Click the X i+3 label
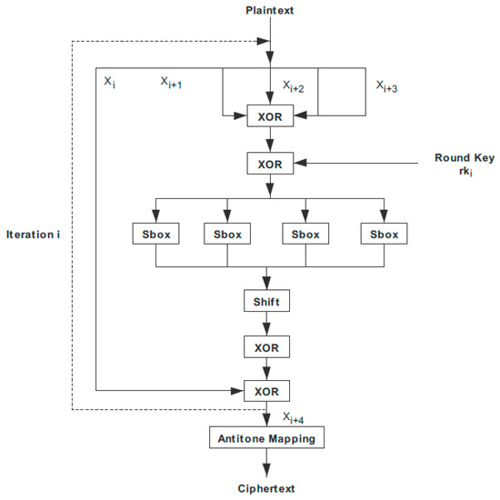click(389, 85)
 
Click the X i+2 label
click(293, 85)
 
